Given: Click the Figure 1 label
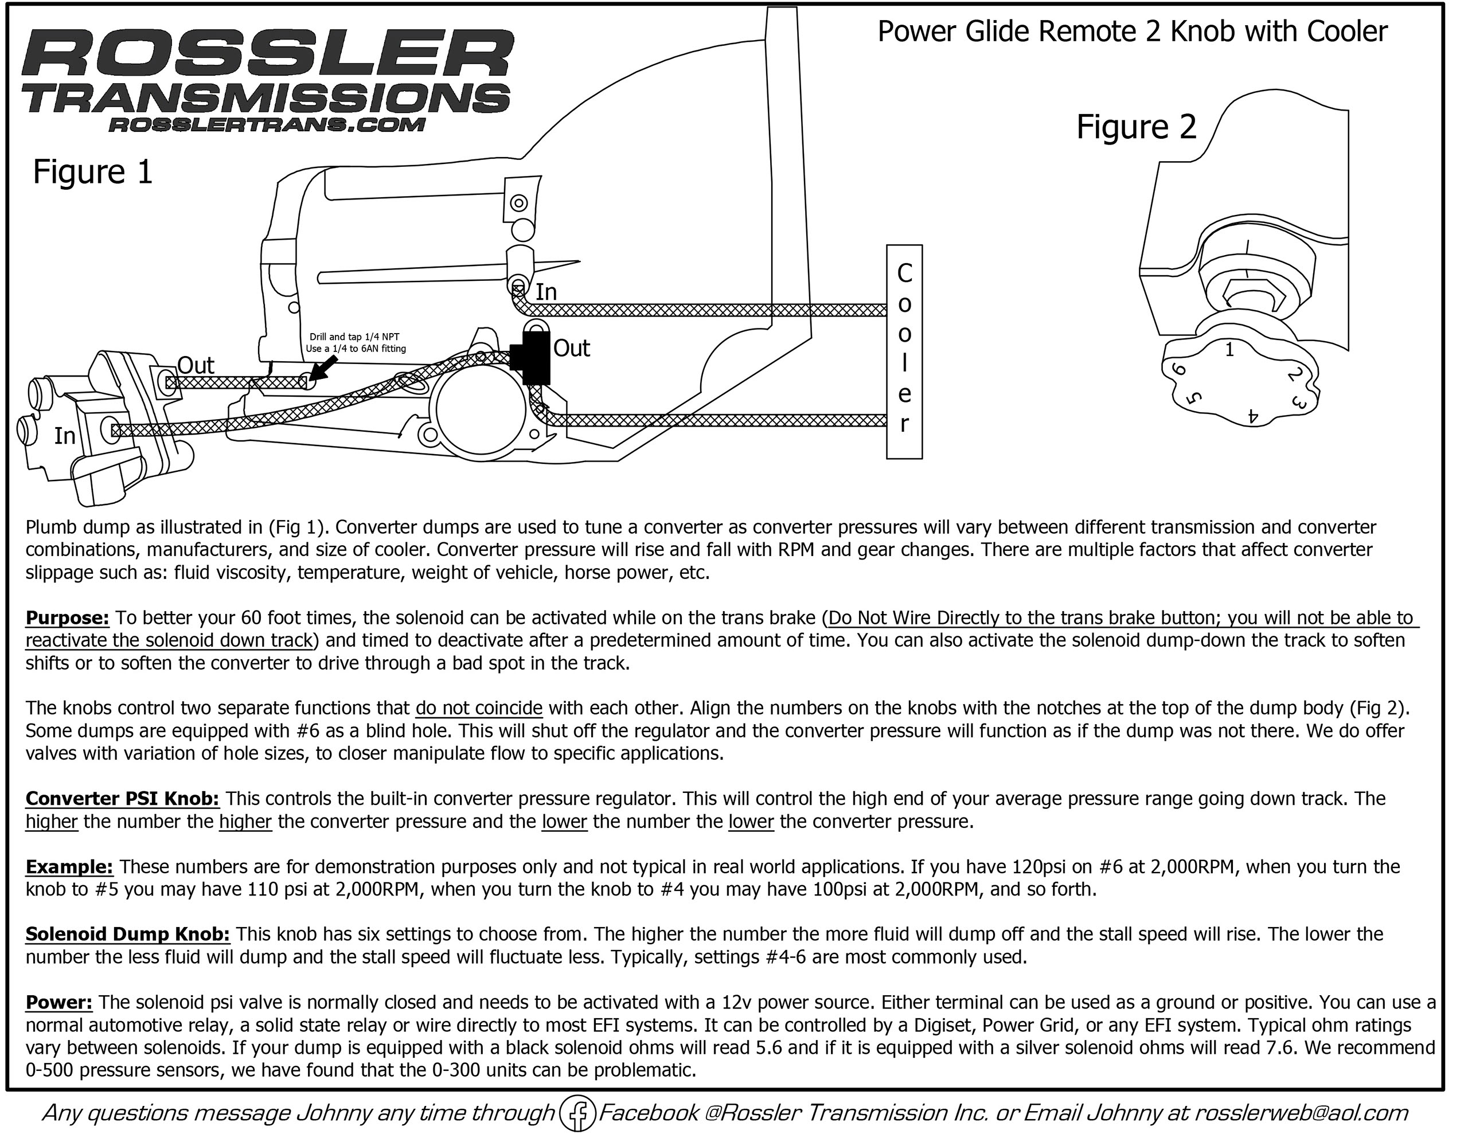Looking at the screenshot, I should (x=93, y=172).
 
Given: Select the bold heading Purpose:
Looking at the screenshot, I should (x=67, y=618).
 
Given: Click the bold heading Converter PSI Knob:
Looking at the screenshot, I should (x=122, y=799).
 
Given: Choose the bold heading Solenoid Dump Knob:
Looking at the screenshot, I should (x=128, y=934).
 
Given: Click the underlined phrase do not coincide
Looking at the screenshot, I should (x=479, y=709).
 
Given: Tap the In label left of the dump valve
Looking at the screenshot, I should (x=65, y=436).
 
